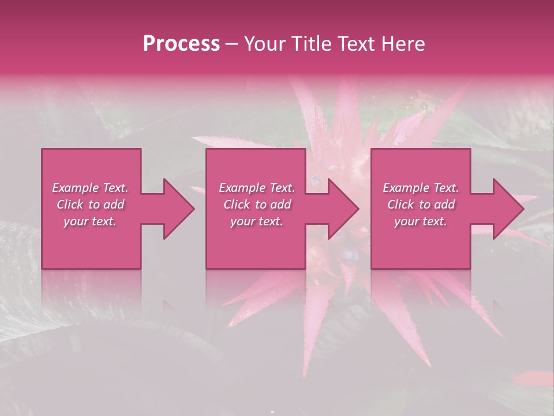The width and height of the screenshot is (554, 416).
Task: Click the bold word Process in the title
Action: point(181,44)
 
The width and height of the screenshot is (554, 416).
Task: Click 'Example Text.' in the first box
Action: point(90,188)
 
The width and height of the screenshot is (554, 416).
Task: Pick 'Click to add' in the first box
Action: point(90,205)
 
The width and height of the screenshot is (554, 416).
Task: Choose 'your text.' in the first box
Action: point(90,221)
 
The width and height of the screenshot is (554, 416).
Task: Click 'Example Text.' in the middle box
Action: point(257,188)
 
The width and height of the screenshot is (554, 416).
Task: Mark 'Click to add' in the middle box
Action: point(257,205)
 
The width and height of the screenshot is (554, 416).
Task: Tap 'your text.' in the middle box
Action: point(257,221)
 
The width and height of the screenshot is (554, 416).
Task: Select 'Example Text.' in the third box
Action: point(421,188)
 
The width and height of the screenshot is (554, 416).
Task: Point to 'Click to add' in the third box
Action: point(421,205)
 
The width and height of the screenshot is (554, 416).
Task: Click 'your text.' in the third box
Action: point(421,221)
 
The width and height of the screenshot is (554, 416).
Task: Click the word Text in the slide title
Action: point(357,44)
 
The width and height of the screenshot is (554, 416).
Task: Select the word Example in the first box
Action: point(76,188)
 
